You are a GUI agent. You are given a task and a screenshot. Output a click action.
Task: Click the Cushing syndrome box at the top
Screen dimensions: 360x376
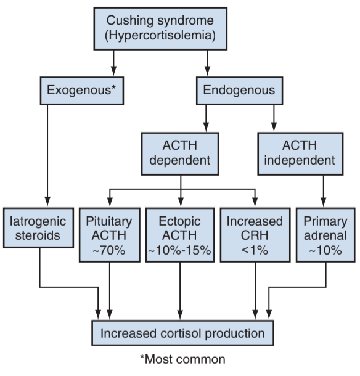[x=160, y=28]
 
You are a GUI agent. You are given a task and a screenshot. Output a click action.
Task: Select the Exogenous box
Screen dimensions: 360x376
[x=82, y=91]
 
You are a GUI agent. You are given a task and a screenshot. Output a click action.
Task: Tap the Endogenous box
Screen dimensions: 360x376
[x=239, y=91]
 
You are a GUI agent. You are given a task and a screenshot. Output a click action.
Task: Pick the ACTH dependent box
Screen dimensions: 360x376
[x=180, y=153]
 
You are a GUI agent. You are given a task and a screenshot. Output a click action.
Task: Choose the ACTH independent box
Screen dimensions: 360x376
[x=300, y=153]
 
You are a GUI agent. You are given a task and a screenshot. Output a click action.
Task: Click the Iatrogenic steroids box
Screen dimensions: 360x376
[x=38, y=228]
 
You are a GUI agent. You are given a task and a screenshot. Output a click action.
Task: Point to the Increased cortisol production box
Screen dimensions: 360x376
[x=182, y=333]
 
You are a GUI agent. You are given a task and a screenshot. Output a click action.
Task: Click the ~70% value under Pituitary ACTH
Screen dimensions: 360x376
[x=109, y=250]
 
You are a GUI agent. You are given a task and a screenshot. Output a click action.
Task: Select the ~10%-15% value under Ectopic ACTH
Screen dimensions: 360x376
[x=180, y=250]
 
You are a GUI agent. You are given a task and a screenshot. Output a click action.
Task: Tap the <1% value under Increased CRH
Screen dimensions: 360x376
[x=255, y=250]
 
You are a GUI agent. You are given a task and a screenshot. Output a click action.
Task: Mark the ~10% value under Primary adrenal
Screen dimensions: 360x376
[x=325, y=250]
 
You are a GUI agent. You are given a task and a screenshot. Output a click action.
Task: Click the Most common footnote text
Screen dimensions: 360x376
[x=182, y=359]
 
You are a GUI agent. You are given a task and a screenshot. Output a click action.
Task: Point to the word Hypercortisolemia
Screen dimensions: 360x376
[x=160, y=36]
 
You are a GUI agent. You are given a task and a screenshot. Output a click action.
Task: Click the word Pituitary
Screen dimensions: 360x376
[x=109, y=221]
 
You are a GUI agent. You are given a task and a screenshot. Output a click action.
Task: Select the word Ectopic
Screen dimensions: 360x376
[x=180, y=221]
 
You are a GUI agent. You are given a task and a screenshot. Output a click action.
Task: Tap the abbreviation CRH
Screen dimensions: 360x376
[x=255, y=235]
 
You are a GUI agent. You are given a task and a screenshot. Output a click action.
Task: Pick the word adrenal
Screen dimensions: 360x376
[x=325, y=235]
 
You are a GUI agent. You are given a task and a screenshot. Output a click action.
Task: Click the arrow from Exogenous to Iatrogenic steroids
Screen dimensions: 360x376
[x=47, y=156]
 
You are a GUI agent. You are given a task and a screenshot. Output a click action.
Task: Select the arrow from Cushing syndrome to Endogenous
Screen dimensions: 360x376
[x=208, y=63]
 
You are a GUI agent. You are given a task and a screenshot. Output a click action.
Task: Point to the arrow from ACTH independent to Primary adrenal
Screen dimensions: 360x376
[x=324, y=191]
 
